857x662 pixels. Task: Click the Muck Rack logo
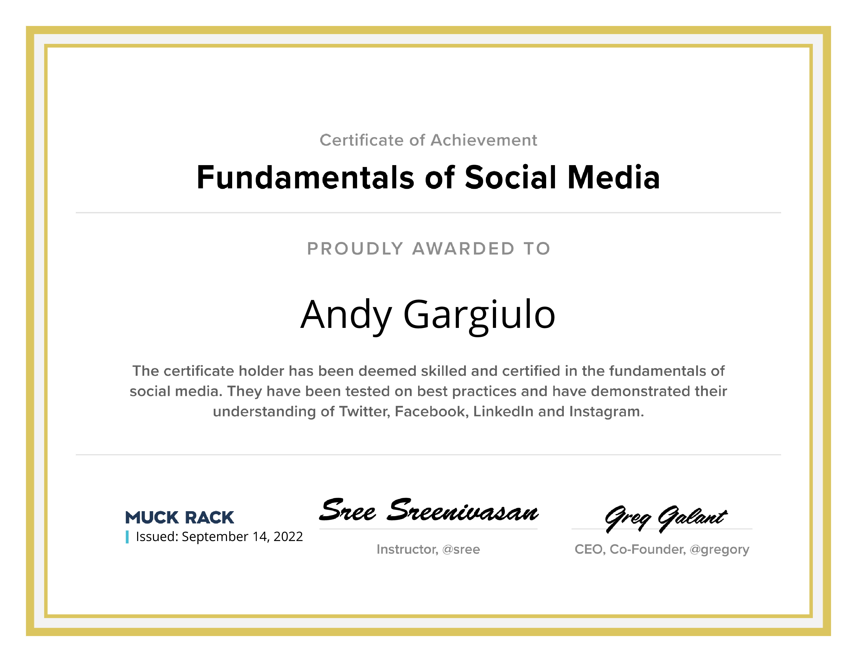coord(179,517)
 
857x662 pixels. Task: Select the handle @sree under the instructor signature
coord(461,549)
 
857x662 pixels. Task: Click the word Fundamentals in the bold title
coord(306,177)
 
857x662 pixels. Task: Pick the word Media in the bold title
coord(614,177)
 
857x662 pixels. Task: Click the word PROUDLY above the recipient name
coord(355,249)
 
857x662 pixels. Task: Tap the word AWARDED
coord(463,249)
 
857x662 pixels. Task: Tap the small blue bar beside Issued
coord(127,537)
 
